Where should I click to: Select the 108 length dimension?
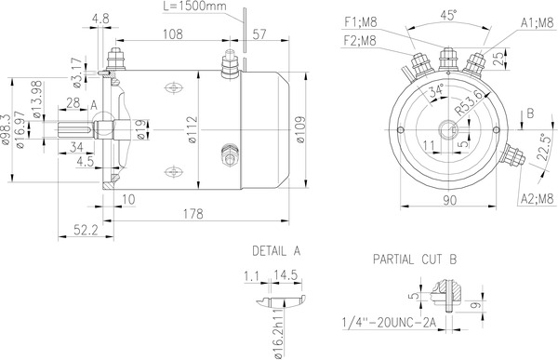point(171,35)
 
